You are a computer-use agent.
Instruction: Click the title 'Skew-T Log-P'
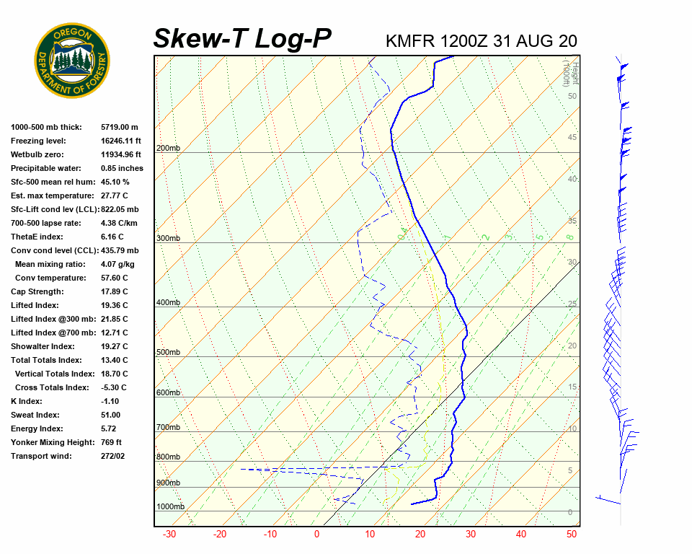tap(242, 39)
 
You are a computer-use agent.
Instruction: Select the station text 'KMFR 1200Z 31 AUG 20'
tap(481, 41)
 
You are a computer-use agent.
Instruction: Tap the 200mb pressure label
tap(168, 149)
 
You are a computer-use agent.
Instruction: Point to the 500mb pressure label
tap(168, 353)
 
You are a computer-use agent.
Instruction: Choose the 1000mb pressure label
tap(170, 507)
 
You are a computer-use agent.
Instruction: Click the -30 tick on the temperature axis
tap(169, 535)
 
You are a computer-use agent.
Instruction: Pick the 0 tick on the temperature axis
tap(316, 535)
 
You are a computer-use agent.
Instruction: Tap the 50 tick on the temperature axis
tap(572, 535)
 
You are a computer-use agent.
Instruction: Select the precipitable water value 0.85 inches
tap(122, 169)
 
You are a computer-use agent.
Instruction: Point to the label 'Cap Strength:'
tap(37, 292)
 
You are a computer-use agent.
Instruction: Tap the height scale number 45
tap(572, 138)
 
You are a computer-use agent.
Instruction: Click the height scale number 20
tap(572, 346)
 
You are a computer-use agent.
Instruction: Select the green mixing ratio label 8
tap(569, 237)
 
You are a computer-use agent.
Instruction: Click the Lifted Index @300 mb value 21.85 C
tap(115, 320)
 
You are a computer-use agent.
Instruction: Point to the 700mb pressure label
tap(168, 428)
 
